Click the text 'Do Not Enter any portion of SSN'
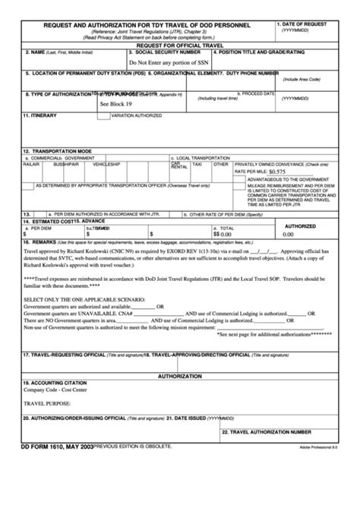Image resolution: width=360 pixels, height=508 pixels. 168,63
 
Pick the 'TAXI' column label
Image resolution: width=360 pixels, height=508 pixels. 197,164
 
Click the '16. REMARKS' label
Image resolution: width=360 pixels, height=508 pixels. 39,241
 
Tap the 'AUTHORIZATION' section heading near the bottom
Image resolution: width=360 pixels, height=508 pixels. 179,376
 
